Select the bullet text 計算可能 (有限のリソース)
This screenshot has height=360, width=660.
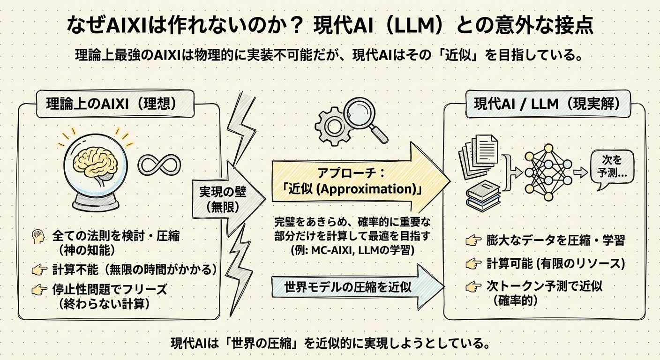pos(556,263)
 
